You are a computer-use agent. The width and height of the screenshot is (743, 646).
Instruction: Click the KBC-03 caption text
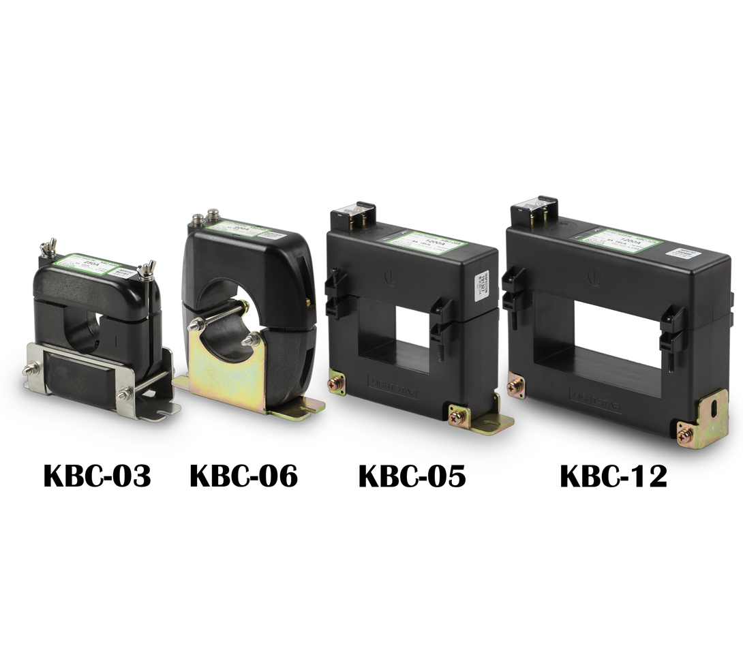97,476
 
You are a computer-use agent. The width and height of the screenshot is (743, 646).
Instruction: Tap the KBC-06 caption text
243,476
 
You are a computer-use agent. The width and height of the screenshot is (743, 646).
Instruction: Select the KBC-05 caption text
412,476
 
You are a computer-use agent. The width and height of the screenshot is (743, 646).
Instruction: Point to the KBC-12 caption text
613,476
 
